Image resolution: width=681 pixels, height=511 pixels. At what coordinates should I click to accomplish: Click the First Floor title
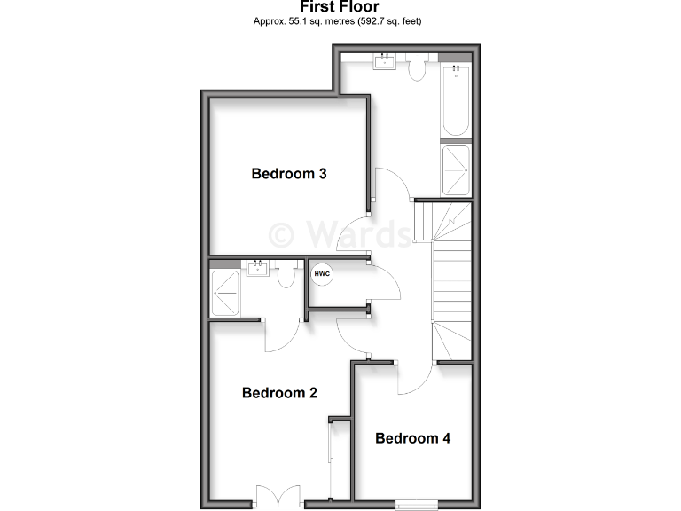pyautogui.click(x=340, y=7)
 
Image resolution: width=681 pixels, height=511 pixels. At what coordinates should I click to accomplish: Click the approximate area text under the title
pyautogui.click(x=340, y=20)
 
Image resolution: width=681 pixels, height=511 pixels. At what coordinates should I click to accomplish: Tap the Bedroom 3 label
pyautogui.click(x=289, y=174)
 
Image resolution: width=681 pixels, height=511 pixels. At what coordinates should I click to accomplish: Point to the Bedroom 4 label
pyautogui.click(x=413, y=438)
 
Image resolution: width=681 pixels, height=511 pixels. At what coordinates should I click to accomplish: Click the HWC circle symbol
pyautogui.click(x=322, y=274)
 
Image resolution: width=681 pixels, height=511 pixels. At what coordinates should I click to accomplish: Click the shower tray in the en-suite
pyautogui.click(x=225, y=293)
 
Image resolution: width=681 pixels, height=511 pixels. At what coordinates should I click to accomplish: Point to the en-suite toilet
pyautogui.click(x=286, y=275)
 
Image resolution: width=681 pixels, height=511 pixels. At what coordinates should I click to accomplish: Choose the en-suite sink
pyautogui.click(x=259, y=269)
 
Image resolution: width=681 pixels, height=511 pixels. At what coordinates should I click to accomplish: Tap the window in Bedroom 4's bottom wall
pyautogui.click(x=416, y=505)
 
